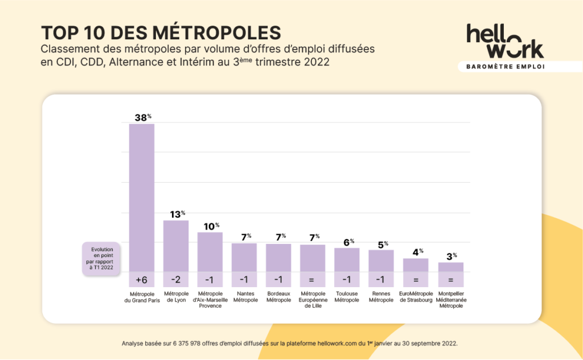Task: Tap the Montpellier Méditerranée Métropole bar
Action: pyautogui.click(x=450, y=267)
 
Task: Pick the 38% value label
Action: pyautogui.click(x=142, y=117)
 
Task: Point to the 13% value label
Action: pyautogui.click(x=176, y=214)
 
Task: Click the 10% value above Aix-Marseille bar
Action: pyautogui.click(x=210, y=226)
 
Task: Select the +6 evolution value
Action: pyautogui.click(x=142, y=280)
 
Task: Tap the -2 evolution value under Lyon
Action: pyautogui.click(x=176, y=280)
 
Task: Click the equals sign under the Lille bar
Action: pyautogui.click(x=313, y=280)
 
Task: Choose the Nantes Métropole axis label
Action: pyautogui.click(x=245, y=297)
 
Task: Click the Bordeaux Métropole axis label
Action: pyautogui.click(x=278, y=297)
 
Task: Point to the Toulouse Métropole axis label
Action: pyautogui.click(x=347, y=297)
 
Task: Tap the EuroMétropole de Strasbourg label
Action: pyautogui.click(x=416, y=297)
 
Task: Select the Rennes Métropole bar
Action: pyautogui.click(x=381, y=260)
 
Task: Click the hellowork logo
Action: pyautogui.click(x=504, y=41)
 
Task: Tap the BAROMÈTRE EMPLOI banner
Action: pyautogui.click(x=505, y=67)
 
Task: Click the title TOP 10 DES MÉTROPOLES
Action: pyautogui.click(x=161, y=32)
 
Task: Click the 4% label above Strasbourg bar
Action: pyautogui.click(x=416, y=252)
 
